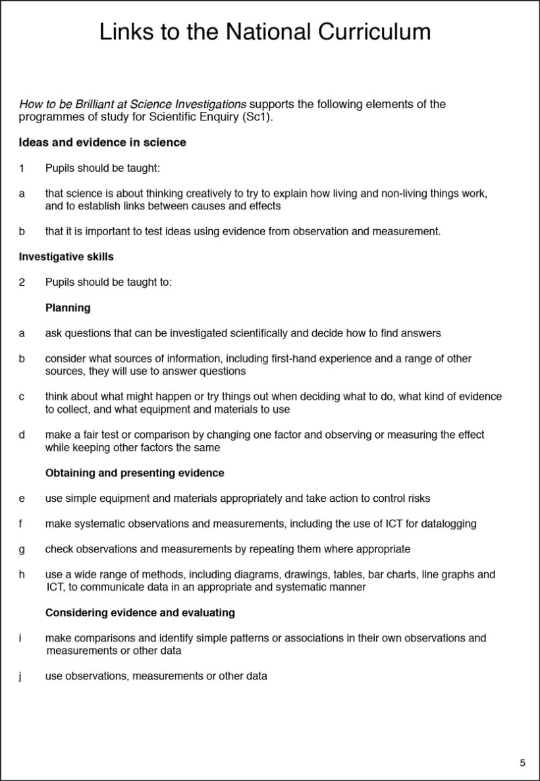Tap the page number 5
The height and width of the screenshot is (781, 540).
click(522, 763)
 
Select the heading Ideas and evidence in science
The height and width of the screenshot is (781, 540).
click(102, 142)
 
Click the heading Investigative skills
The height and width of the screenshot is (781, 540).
click(66, 257)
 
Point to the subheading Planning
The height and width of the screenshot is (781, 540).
click(68, 308)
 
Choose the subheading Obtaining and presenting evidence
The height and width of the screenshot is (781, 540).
click(134, 473)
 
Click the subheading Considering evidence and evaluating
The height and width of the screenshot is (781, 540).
click(140, 612)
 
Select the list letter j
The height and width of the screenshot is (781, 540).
click(22, 676)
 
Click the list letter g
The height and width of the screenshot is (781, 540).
click(22, 549)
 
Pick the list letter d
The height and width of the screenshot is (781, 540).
click(22, 435)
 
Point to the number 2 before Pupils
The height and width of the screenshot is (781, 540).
click(22, 283)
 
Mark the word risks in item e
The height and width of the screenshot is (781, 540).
click(418, 498)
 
